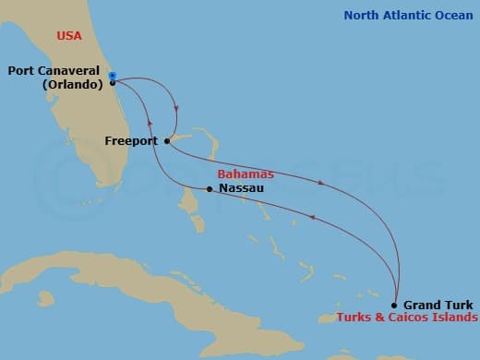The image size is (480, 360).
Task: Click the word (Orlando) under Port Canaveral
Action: (72, 85)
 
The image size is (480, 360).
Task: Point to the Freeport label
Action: (132, 141)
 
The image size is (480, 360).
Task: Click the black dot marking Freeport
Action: (166, 141)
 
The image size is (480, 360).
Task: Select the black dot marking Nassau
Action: (210, 189)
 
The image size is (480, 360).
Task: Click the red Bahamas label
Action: (243, 174)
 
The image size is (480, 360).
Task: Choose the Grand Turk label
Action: (438, 305)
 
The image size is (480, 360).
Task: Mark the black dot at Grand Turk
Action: (395, 305)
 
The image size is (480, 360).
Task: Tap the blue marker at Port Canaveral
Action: (112, 75)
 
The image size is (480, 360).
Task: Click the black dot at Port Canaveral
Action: (112, 83)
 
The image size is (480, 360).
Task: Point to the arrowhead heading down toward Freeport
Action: (175, 115)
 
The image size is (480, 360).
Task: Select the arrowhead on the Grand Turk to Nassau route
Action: (313, 219)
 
